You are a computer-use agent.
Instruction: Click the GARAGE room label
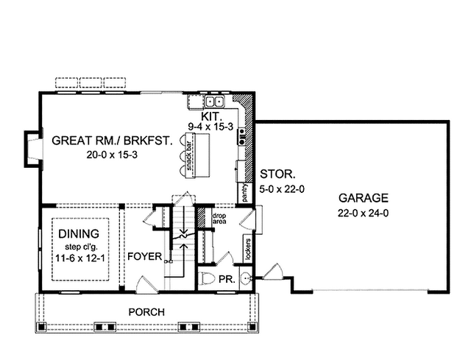pos(363,198)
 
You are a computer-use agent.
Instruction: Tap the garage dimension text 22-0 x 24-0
pos(363,213)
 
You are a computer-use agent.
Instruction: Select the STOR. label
pos(277,174)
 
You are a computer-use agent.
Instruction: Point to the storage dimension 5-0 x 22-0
pos(282,189)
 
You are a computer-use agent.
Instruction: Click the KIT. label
pos(211,116)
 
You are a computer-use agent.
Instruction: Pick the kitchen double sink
pos(215,102)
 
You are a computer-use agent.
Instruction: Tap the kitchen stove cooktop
pos(242,137)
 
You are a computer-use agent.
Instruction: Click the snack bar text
pos(189,155)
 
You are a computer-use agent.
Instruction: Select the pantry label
pos(244,192)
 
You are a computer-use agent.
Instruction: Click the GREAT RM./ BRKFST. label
pos(113,141)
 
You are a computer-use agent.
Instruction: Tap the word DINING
pos(79,233)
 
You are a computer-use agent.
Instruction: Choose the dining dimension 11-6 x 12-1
pos(80,258)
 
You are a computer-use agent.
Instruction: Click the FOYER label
pos(145,256)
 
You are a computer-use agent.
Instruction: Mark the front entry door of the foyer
pos(146,285)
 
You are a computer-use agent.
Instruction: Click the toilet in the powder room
pos(207,278)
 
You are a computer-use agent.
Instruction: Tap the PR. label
pos(227,279)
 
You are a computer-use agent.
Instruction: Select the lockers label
pos(248,250)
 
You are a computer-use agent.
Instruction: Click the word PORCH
pos(146,312)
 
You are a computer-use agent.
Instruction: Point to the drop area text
pos(219,219)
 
